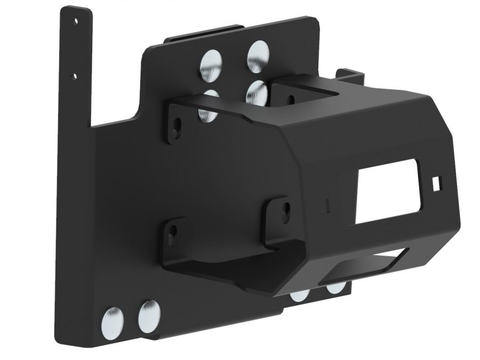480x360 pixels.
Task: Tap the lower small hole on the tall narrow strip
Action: point(75,76)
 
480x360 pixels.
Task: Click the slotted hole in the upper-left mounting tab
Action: point(177,126)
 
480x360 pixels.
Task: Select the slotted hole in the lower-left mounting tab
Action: point(172,234)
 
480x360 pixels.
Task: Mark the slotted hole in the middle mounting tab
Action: point(285,210)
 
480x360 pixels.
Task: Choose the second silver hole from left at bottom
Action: point(149,316)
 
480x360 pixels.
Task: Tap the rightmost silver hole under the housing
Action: point(335,288)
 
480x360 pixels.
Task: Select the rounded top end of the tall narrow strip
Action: point(75,10)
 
